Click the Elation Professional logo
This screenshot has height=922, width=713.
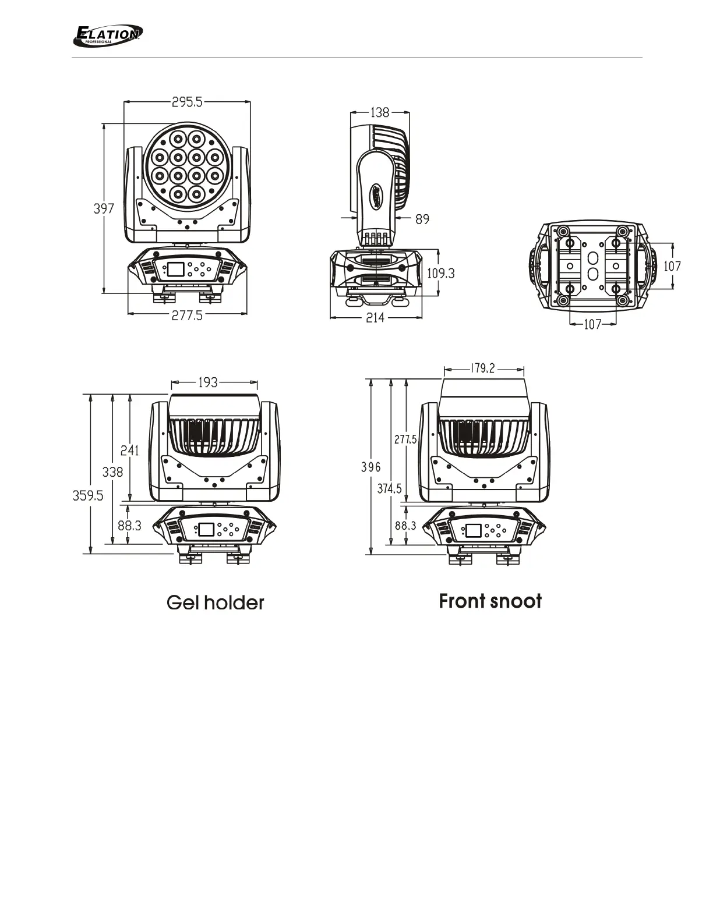pyautogui.click(x=108, y=36)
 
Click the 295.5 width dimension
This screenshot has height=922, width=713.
pyautogui.click(x=187, y=102)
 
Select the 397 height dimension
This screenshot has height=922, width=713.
pyautogui.click(x=104, y=208)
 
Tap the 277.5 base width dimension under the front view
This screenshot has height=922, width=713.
pyautogui.click(x=187, y=315)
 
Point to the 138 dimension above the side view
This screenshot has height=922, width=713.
pyautogui.click(x=380, y=112)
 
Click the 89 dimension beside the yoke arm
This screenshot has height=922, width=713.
pyautogui.click(x=422, y=219)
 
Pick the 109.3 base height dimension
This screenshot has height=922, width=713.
pyautogui.click(x=441, y=273)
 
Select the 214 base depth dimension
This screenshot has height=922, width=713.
pyautogui.click(x=375, y=317)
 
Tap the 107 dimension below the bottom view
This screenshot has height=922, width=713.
pyautogui.click(x=593, y=325)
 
